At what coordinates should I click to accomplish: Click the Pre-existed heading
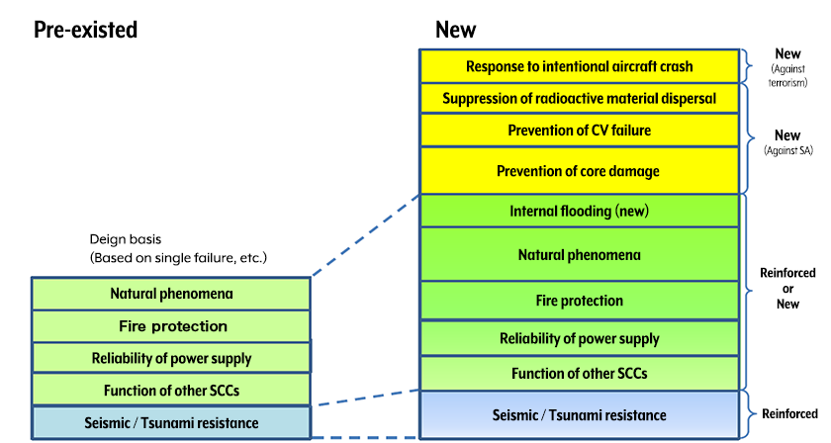click(85, 30)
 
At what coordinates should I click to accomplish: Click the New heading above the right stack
click(457, 30)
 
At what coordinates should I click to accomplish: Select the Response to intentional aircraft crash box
click(579, 66)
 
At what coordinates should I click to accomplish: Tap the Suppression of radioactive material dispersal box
click(579, 99)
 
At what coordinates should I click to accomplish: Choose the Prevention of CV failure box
click(579, 131)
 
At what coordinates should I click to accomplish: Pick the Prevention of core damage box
click(579, 171)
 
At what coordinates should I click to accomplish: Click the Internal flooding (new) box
click(579, 211)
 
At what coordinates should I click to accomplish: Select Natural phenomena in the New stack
click(579, 254)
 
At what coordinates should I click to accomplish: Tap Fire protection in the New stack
click(579, 301)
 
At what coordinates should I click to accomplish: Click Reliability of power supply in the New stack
click(579, 339)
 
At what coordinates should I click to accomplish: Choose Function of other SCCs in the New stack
click(579, 373)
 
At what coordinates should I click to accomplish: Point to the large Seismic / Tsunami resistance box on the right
click(579, 414)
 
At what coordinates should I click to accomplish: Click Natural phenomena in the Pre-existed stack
click(171, 294)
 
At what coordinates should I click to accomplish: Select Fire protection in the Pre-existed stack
click(171, 326)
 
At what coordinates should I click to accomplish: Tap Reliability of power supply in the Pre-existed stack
click(171, 358)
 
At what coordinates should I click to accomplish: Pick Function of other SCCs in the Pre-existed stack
click(171, 390)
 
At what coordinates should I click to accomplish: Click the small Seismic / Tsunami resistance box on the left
click(171, 422)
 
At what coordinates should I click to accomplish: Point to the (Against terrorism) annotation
click(788, 76)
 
